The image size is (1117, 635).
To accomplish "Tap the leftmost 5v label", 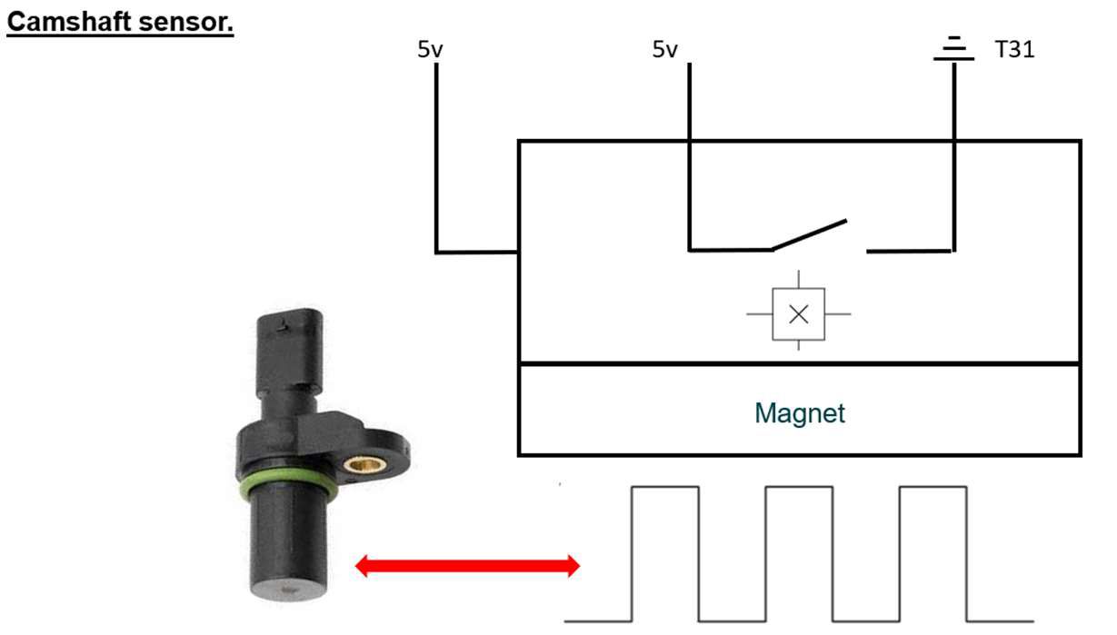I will pos(430,50).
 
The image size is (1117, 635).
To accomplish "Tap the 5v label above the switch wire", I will pos(665,50).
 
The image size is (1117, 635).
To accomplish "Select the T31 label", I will pos(1014,50).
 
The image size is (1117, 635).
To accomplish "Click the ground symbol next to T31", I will pos(952,49).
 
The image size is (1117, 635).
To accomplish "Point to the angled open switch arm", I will pos(809,233).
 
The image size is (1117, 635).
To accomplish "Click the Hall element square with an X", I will pos(798,314).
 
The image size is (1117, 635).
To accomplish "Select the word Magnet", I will pos(799,413).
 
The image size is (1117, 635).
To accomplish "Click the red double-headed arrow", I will pos(466,567).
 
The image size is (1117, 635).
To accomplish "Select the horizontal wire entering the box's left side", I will pos(477,252).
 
